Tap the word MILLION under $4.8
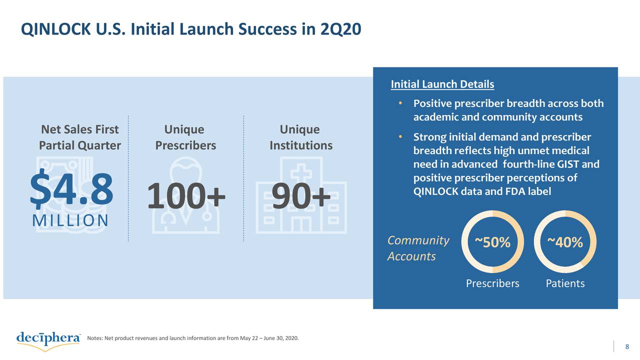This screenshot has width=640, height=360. click(x=70, y=220)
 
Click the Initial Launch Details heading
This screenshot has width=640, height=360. click(x=442, y=84)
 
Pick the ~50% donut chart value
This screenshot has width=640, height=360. click(x=492, y=243)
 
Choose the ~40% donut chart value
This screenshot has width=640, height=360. click(x=565, y=242)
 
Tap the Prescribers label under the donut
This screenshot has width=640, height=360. click(x=492, y=283)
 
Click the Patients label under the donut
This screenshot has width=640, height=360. click(x=565, y=283)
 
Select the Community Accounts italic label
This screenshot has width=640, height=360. click(x=418, y=248)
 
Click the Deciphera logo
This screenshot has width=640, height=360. click(x=48, y=340)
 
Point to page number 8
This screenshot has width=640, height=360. click(x=627, y=347)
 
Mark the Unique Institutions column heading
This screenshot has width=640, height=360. click(x=300, y=137)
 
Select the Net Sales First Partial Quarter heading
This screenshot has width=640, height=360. click(x=80, y=137)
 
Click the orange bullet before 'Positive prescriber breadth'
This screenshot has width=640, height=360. click(x=400, y=103)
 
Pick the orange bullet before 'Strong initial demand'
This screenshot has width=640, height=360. click(x=400, y=137)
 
